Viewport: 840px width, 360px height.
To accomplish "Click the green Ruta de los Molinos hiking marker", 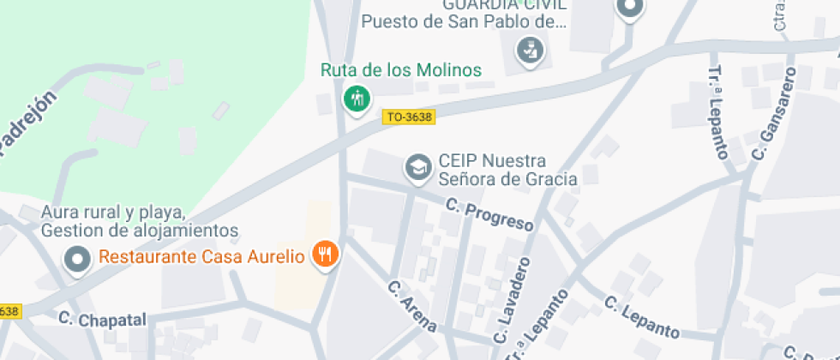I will pos(357,99).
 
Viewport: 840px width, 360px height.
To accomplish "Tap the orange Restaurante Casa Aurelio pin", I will pos(325,254).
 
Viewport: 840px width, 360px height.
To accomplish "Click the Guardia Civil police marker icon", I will pos(530,51).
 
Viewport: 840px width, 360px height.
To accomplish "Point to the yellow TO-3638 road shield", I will pos(409,117).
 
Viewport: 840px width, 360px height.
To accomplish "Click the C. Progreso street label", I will pos(489,214).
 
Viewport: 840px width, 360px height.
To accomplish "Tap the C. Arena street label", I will pos(412,306).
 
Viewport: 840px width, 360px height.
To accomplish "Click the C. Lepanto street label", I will pos(642,317).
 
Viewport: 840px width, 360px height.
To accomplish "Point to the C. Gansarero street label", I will pos(773,117).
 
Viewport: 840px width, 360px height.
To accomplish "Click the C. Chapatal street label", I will pos(103,320).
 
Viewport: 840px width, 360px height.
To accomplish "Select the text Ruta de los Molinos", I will pos(401,70).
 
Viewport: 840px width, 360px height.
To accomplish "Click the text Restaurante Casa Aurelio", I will pos(202,255).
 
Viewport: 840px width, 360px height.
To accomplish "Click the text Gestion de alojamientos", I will pos(139,231).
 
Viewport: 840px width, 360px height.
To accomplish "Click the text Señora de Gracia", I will pos(507,178).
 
